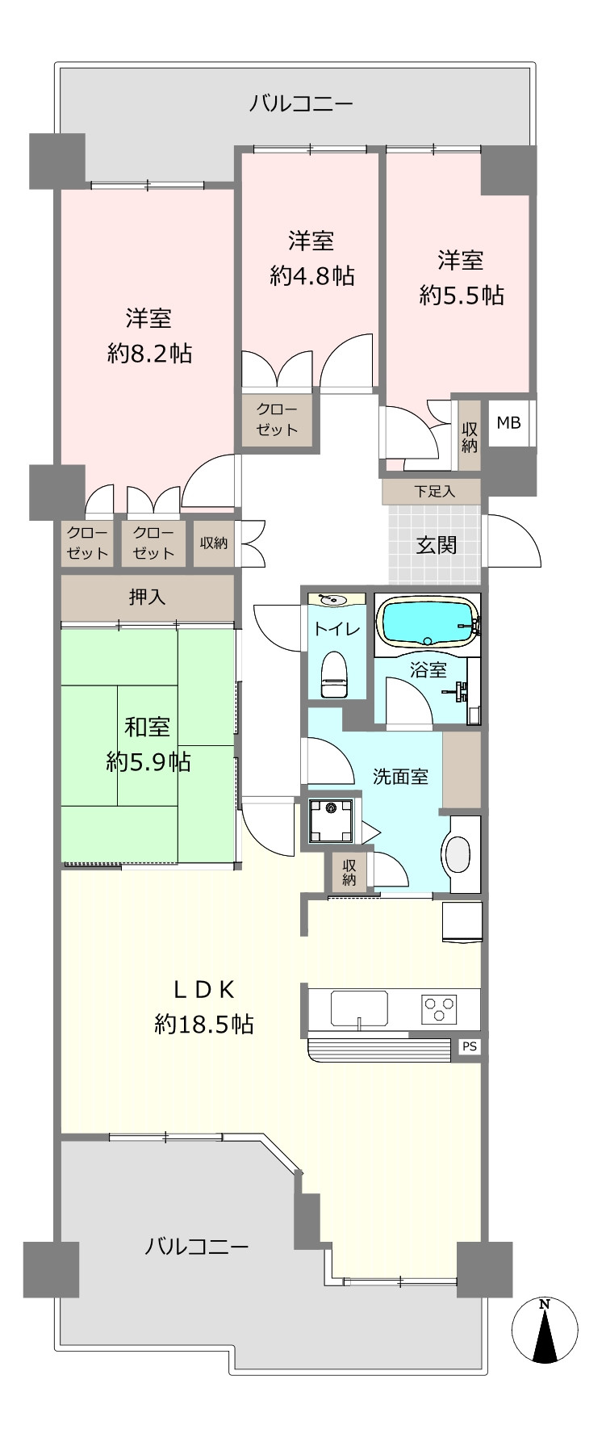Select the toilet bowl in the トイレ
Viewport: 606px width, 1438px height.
333,674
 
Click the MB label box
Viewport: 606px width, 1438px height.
508,422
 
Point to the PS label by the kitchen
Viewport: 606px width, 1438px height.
470,1046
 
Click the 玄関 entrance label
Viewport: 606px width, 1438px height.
436,545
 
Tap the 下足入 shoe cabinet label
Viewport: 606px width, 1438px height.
435,490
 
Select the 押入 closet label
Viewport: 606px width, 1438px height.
148,597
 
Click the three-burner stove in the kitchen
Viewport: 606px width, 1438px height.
439,1008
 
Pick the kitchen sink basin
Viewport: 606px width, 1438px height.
359,1008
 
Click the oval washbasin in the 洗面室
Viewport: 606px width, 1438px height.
458,853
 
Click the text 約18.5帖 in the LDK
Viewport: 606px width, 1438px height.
204,1025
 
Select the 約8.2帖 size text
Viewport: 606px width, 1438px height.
150,353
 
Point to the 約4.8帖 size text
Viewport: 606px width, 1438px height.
312,276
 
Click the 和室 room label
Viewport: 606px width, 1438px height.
147,727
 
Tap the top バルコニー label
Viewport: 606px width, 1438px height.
301,104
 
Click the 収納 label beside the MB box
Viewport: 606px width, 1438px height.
469,437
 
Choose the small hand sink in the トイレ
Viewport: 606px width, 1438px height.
332,600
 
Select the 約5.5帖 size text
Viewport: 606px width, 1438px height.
462,296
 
